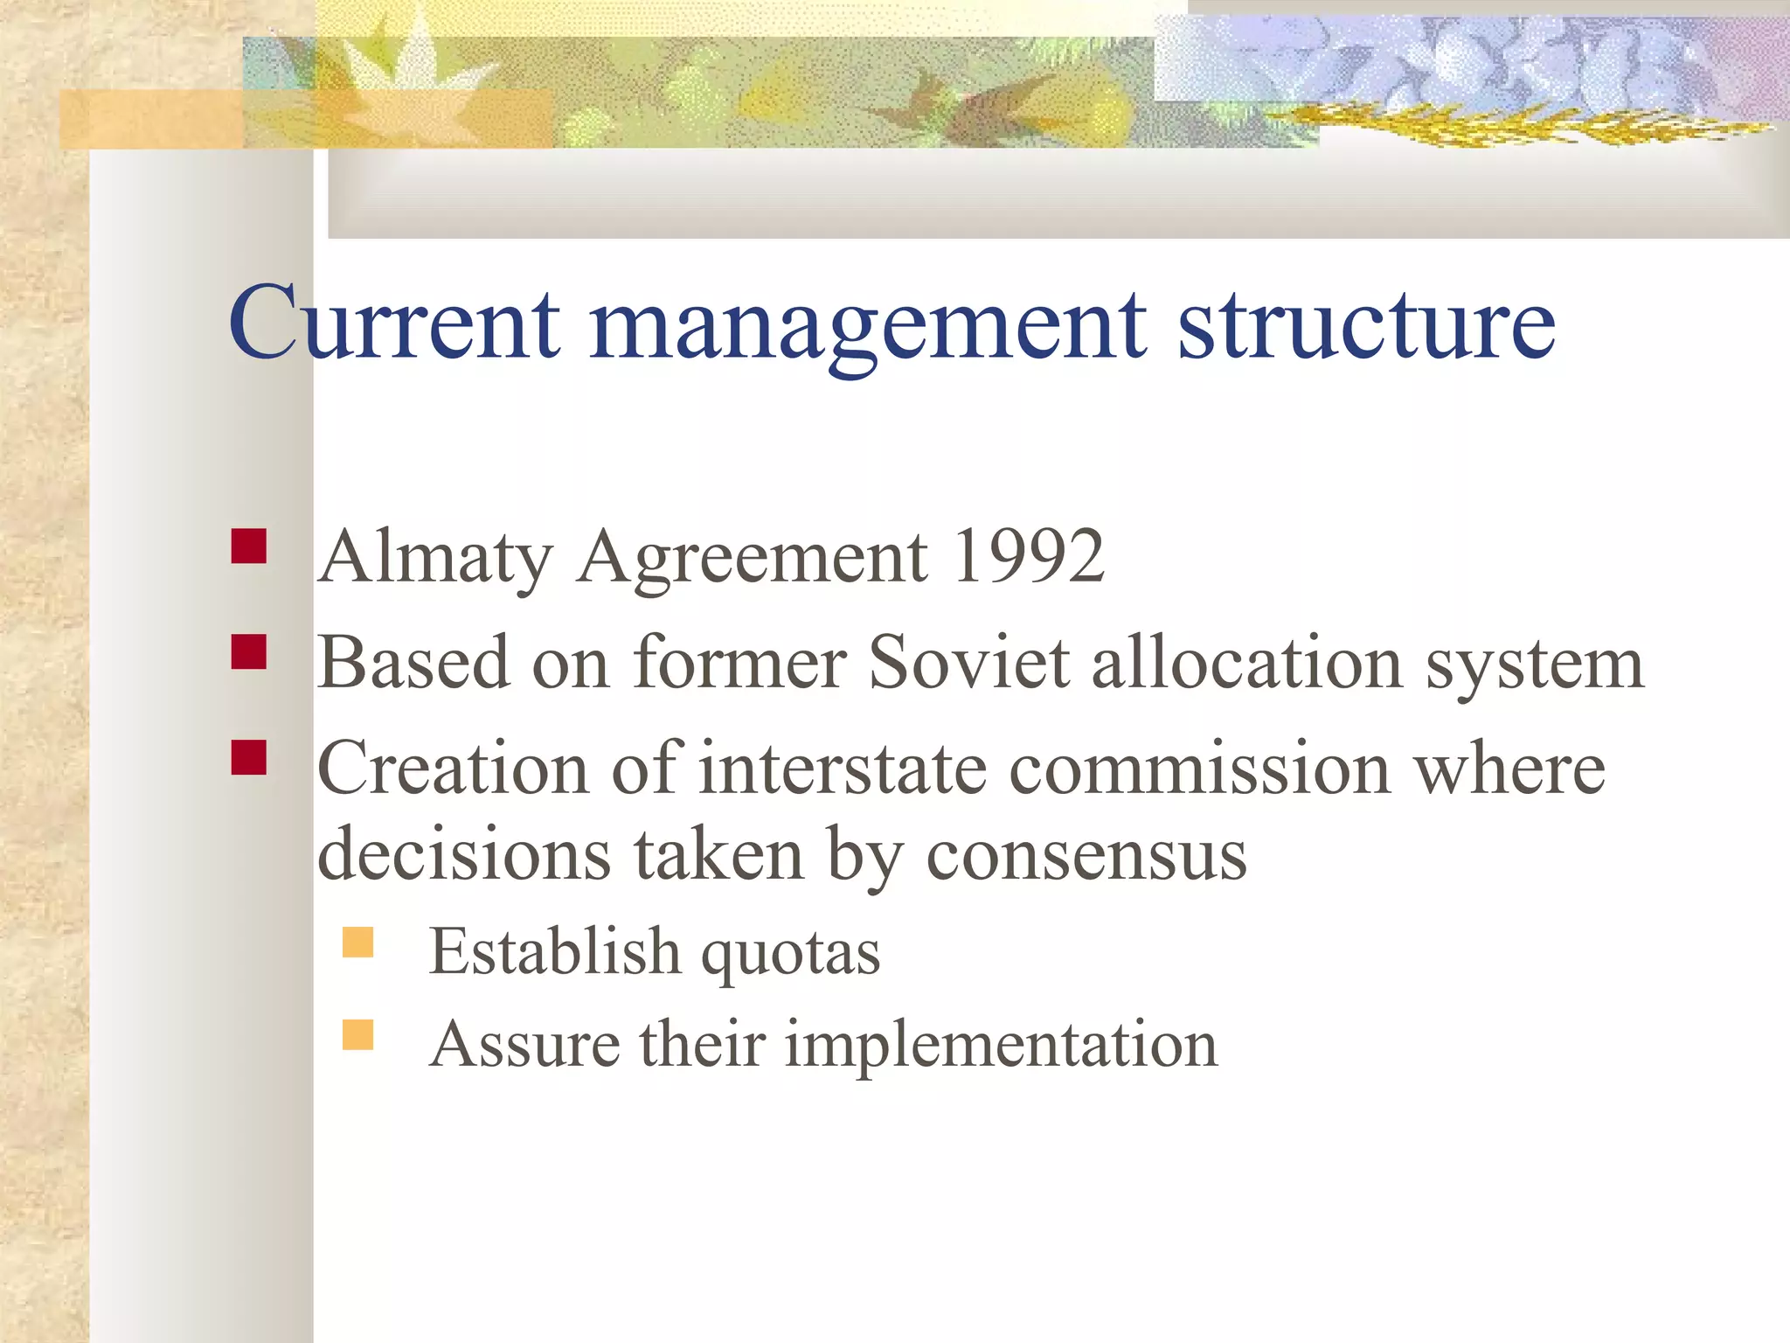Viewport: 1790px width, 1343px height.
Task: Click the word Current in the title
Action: pyautogui.click(x=393, y=324)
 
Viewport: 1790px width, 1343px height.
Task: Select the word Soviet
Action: pyautogui.click(x=968, y=662)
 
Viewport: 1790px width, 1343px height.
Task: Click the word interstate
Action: pyautogui.click(x=843, y=769)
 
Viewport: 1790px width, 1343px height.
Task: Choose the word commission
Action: pyautogui.click(x=1200, y=769)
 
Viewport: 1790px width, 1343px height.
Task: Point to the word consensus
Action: pyautogui.click(x=1086, y=854)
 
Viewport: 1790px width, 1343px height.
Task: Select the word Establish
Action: pyautogui.click(x=554, y=951)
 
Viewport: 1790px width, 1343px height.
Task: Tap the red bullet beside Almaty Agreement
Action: pyautogui.click(x=249, y=546)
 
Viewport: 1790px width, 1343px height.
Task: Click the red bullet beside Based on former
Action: pyautogui.click(x=249, y=652)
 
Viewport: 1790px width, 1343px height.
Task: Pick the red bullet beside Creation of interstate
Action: pyautogui.click(x=249, y=758)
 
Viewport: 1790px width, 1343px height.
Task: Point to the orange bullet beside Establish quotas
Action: pyautogui.click(x=358, y=943)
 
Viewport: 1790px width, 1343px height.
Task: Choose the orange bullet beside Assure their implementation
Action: pyautogui.click(x=358, y=1034)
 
